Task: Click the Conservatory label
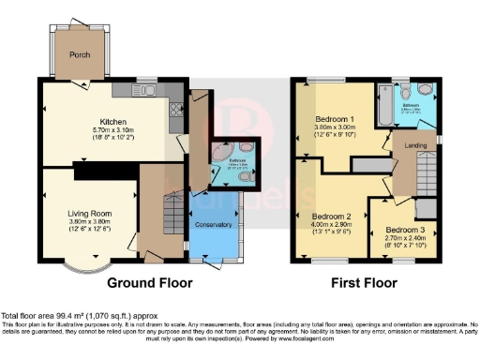pos(213,225)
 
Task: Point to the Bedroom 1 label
pos(334,121)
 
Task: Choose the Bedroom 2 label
pos(334,215)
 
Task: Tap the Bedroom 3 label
pos(403,230)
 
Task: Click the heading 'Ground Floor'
pos(149,282)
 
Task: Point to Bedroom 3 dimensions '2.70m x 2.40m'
pos(403,239)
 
